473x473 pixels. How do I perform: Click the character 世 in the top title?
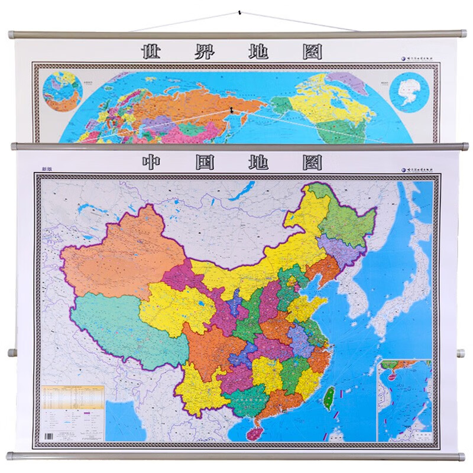tap(152, 51)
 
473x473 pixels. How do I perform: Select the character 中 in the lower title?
tap(152, 162)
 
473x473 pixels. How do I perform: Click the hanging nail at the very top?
tap(240, 12)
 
